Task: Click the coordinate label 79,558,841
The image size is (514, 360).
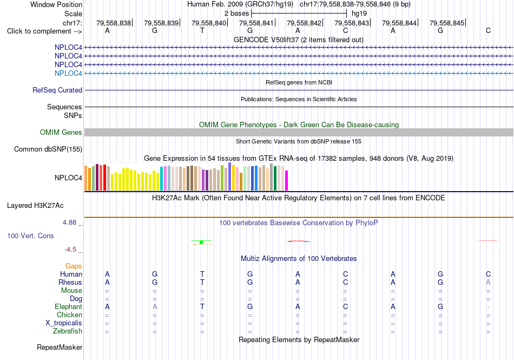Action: click(256, 23)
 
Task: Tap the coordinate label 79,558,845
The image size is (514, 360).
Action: click(446, 23)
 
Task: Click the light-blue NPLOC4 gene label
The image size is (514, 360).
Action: click(68, 73)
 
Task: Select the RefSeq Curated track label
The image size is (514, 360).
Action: click(57, 90)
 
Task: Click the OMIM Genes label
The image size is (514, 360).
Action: click(61, 133)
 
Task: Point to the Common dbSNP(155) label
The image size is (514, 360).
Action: click(48, 149)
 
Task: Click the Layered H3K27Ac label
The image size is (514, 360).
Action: click(35, 206)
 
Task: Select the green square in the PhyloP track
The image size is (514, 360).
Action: click(201, 243)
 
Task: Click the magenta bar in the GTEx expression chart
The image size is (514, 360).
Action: click(287, 180)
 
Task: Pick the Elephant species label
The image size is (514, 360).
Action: click(69, 306)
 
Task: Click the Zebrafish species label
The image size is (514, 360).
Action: click(68, 331)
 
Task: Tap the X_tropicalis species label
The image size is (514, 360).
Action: click(64, 323)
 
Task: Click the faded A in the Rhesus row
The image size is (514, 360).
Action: click(488, 282)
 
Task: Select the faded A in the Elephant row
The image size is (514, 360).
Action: click(155, 306)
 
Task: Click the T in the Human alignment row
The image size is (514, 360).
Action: click(202, 274)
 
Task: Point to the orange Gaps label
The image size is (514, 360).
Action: click(74, 266)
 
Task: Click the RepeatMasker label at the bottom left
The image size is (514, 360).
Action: click(60, 347)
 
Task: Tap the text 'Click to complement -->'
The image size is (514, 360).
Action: click(44, 31)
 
